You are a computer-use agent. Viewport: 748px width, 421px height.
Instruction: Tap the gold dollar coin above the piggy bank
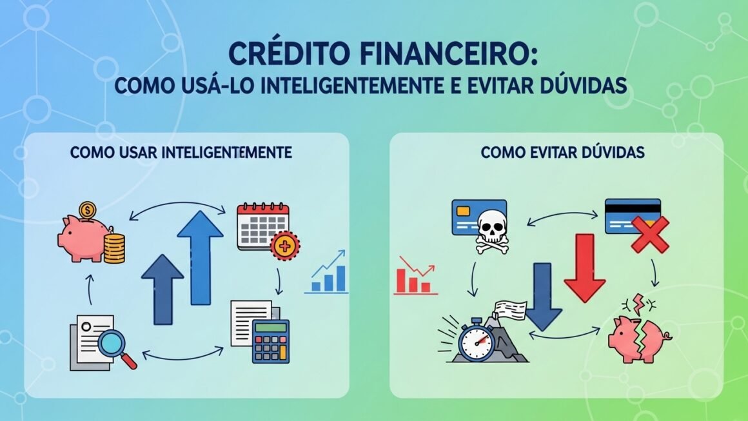(x=86, y=211)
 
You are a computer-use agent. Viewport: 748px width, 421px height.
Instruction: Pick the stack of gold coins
(x=114, y=248)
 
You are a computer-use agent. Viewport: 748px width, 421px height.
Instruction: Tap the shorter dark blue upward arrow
(x=162, y=289)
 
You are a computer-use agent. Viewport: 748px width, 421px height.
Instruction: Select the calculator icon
(x=270, y=340)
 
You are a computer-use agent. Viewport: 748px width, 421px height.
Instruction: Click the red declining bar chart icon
(x=413, y=276)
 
